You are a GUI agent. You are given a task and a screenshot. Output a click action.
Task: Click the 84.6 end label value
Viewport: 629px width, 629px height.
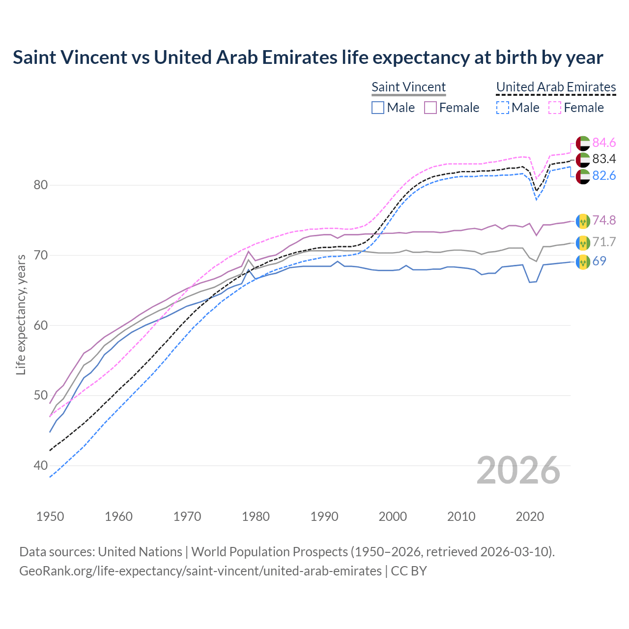(x=604, y=143)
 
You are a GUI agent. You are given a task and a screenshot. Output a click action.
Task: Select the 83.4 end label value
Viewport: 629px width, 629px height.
(x=604, y=159)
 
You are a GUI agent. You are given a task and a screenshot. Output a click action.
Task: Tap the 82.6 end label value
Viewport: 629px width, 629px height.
(x=604, y=175)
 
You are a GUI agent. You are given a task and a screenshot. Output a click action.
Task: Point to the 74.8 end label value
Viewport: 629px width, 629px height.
(x=604, y=220)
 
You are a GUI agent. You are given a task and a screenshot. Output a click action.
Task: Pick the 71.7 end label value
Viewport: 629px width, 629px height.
(x=604, y=242)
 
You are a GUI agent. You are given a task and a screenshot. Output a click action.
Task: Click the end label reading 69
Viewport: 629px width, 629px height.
(x=599, y=261)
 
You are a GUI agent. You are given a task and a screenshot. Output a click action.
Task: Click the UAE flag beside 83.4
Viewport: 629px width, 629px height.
(x=583, y=159)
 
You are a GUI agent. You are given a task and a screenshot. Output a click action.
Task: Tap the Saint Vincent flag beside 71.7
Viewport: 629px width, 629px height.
(x=583, y=242)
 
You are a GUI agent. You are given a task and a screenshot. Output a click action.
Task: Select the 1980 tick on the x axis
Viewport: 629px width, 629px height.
(x=256, y=516)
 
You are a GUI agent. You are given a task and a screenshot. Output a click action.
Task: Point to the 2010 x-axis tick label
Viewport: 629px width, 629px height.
(x=461, y=516)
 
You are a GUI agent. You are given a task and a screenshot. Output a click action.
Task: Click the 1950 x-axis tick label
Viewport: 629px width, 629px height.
(x=50, y=516)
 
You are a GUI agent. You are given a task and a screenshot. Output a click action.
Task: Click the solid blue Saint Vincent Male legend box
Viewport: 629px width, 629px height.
(x=377, y=108)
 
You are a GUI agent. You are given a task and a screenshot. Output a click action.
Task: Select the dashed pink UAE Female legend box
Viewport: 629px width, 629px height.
(x=554, y=108)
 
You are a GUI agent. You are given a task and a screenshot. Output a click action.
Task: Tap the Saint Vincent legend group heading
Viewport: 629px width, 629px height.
(x=408, y=87)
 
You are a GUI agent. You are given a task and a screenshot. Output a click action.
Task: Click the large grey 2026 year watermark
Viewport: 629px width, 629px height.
(x=518, y=470)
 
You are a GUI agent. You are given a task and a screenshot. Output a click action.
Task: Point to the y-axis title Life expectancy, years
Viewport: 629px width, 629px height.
(x=21, y=314)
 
